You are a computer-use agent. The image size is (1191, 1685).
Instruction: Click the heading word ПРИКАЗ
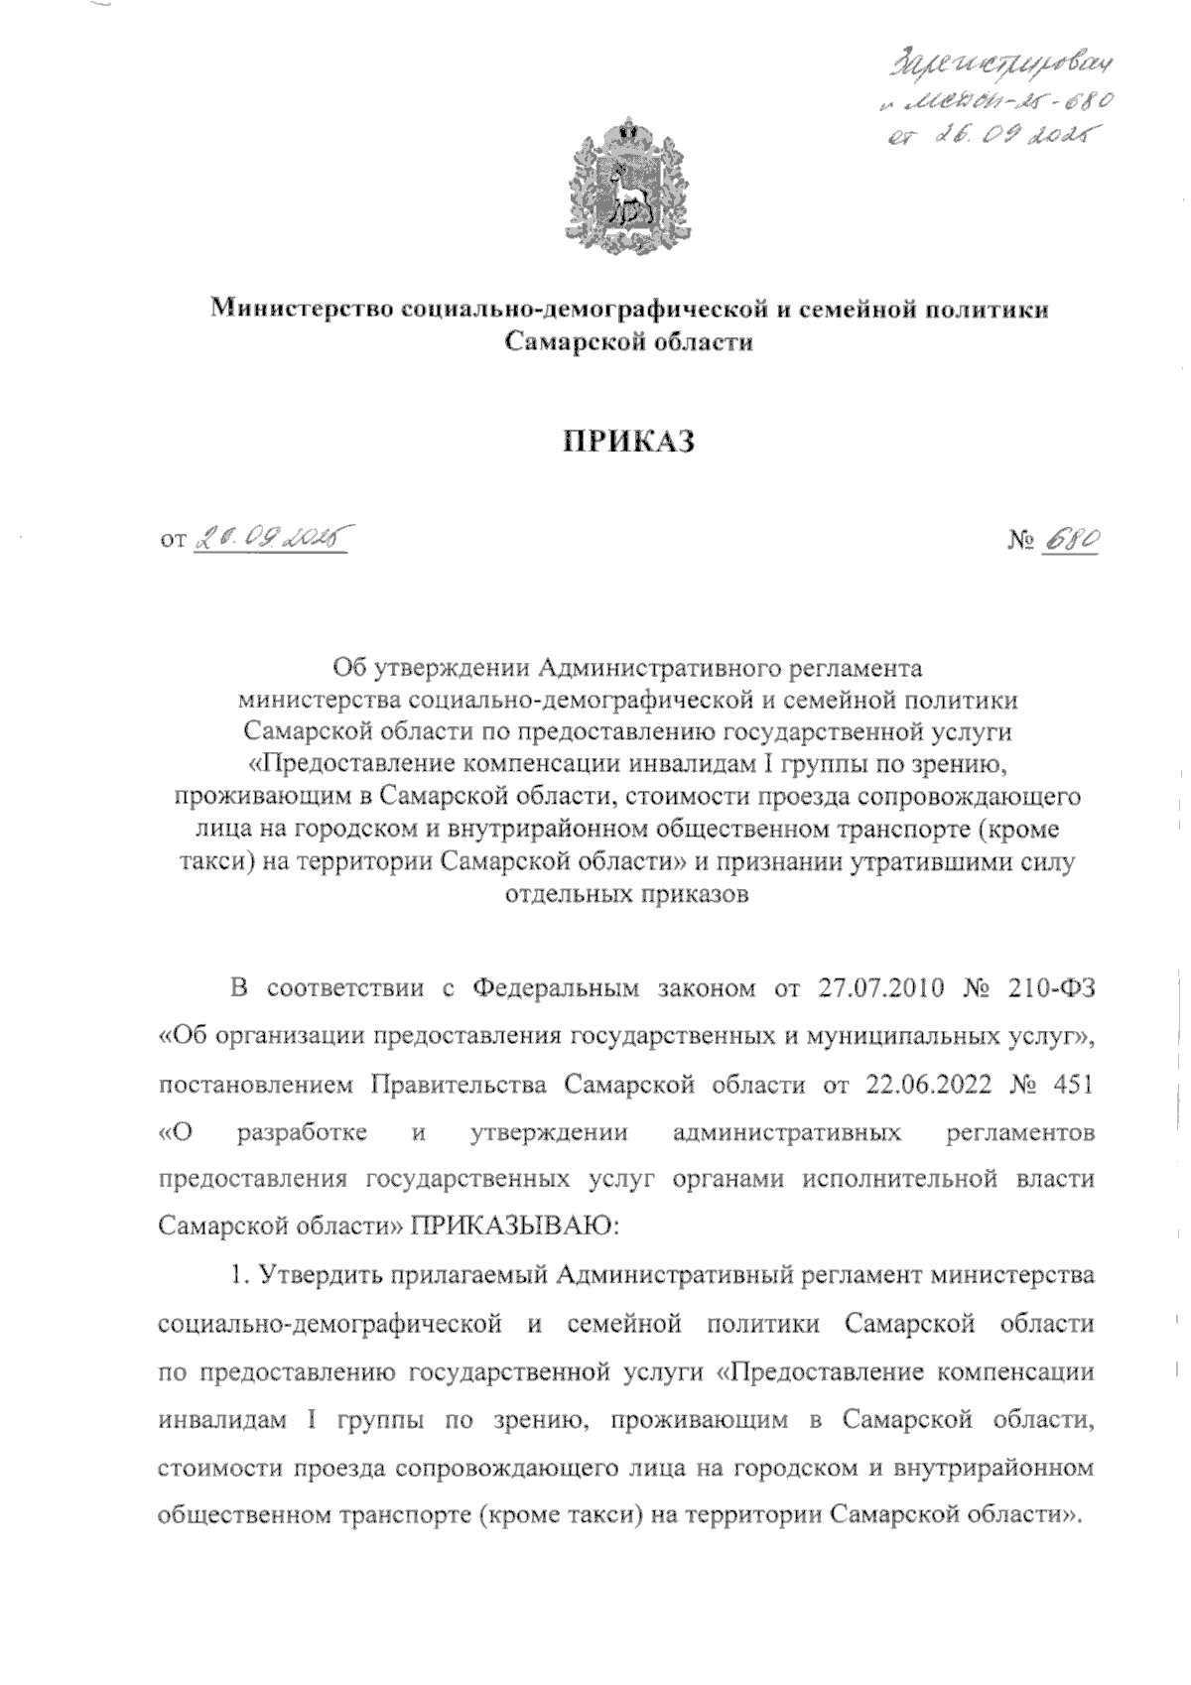pos(627,442)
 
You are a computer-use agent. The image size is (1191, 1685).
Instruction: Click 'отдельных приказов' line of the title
pos(627,894)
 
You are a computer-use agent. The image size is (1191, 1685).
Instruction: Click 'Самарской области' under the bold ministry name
pos(627,342)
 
